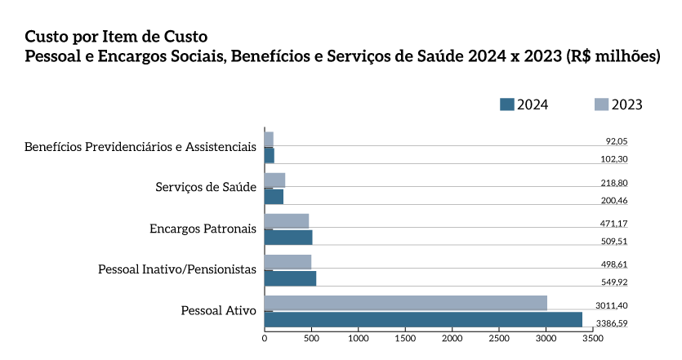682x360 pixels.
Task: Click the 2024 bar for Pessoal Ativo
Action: tap(423, 319)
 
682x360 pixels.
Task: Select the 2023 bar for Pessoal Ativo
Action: tap(406, 304)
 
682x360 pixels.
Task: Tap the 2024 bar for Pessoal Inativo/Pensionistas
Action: tap(290, 278)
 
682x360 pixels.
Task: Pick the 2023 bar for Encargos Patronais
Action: tap(287, 221)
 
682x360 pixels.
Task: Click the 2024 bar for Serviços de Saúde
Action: tap(274, 197)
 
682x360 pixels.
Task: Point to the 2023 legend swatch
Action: tap(601, 104)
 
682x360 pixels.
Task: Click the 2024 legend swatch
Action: tap(506, 104)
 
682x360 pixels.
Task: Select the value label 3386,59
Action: tap(612, 323)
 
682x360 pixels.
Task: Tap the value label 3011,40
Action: tap(612, 305)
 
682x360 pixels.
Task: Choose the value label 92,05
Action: tap(617, 142)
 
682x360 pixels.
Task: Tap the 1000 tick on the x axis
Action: tap(359, 336)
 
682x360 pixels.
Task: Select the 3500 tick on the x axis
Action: tap(592, 336)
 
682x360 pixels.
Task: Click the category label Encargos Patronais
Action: tap(203, 228)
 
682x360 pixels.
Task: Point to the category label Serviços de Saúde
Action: tap(206, 188)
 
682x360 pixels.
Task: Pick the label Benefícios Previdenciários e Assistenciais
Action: tap(140, 147)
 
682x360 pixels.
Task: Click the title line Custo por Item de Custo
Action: tap(116, 37)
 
